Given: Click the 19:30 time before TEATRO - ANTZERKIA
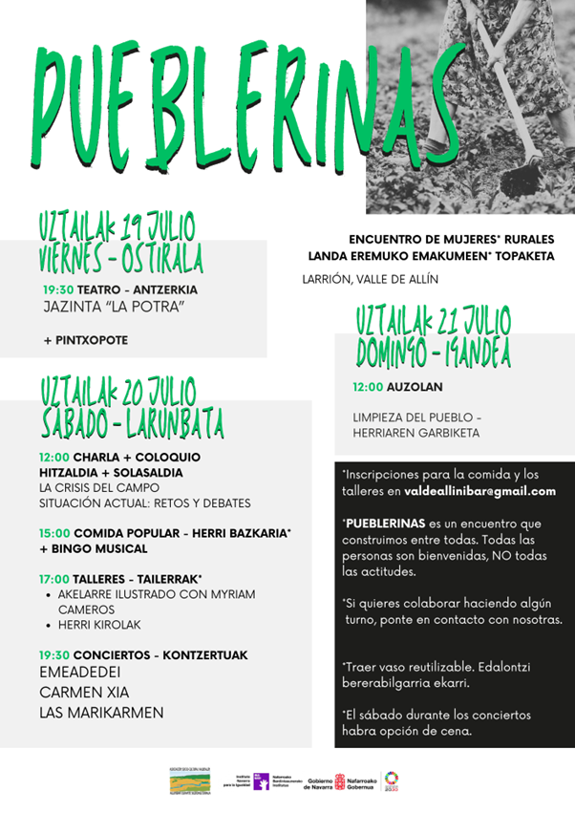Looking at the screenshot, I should (x=57, y=289).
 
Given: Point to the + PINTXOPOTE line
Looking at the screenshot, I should (x=85, y=340).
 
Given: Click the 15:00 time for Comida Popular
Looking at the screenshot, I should (x=53, y=532).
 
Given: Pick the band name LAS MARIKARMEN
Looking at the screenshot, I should (x=101, y=713).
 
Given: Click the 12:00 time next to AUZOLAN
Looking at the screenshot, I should (x=368, y=387).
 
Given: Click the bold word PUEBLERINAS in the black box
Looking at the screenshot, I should (x=384, y=524).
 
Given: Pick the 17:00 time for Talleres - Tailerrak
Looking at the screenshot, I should (x=53, y=578).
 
